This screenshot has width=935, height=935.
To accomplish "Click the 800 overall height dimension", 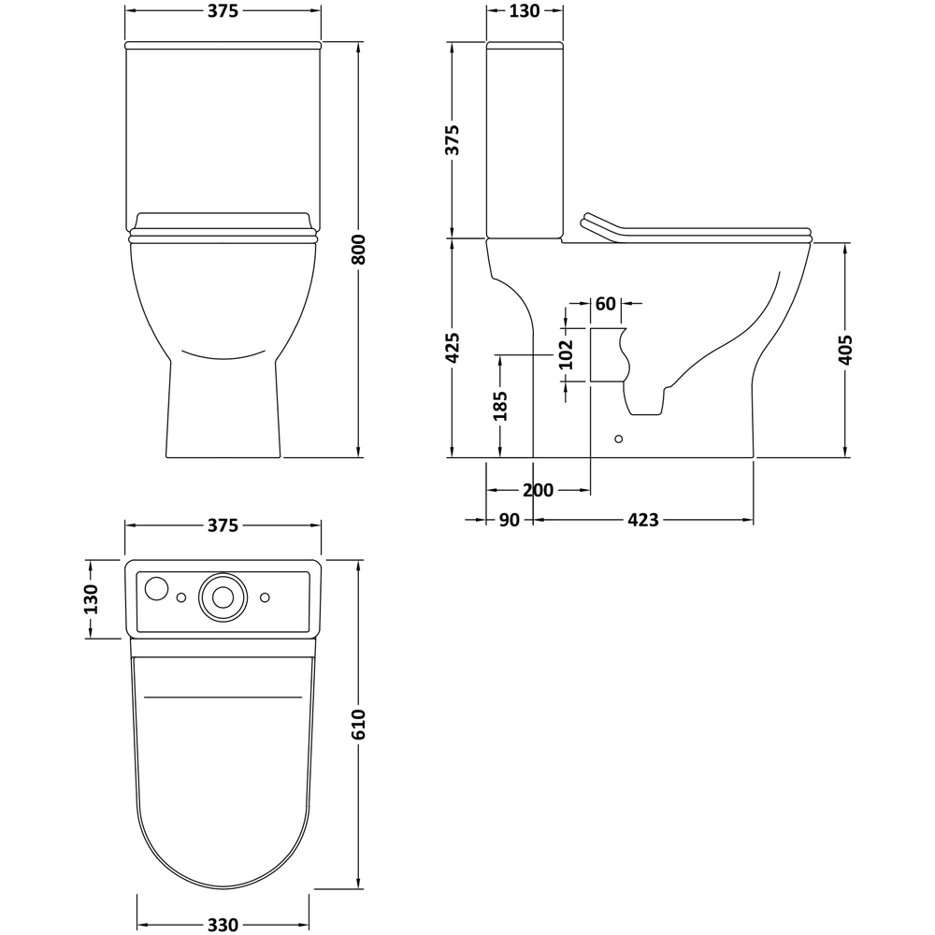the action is click(357, 250).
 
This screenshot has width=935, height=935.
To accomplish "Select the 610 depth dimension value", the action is click(358, 725).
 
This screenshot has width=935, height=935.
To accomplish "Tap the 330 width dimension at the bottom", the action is click(223, 925).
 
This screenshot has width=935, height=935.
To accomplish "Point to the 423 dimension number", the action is click(643, 520).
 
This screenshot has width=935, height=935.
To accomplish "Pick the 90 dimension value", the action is click(509, 520).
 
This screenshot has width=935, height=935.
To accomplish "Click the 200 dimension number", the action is click(538, 490).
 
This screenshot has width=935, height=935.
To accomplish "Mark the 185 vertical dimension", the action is click(500, 406).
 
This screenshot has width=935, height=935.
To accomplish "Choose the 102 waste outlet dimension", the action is click(567, 354).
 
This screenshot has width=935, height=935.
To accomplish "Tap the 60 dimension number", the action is click(605, 304).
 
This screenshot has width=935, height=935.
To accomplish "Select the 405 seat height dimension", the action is click(845, 350).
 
